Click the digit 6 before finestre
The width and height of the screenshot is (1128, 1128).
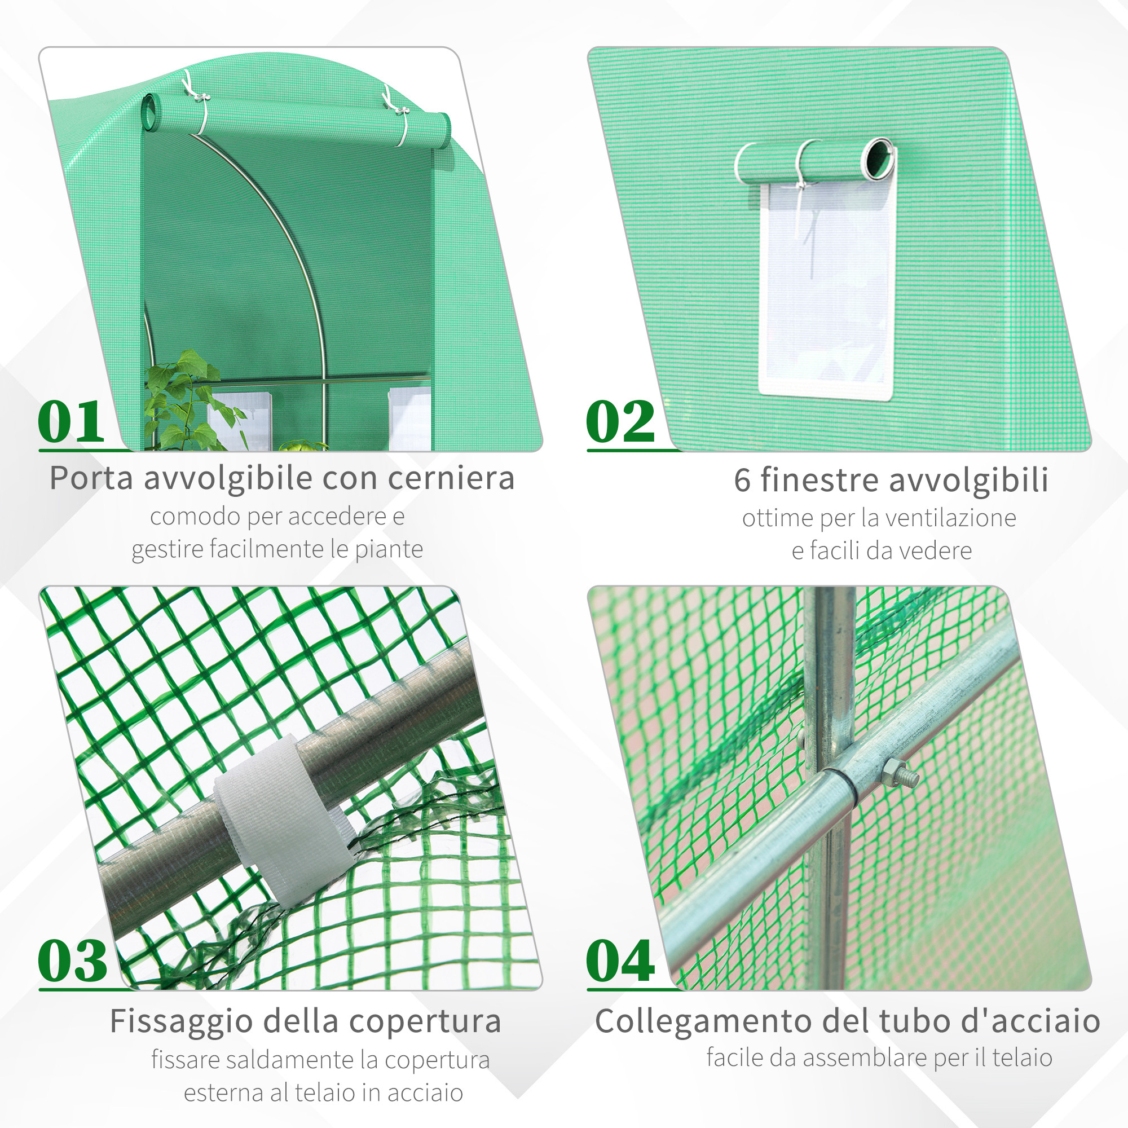coord(742,480)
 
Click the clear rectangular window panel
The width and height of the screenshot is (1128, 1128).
coord(828,292)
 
